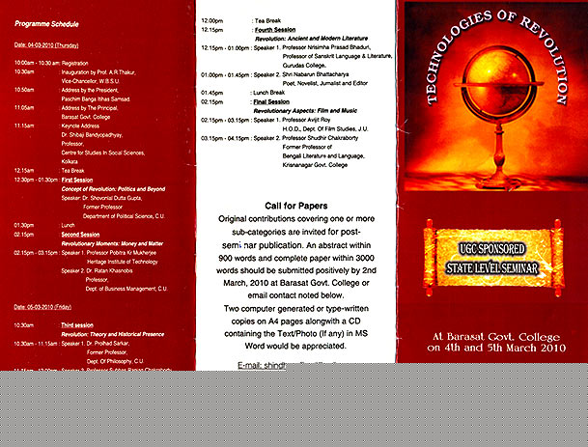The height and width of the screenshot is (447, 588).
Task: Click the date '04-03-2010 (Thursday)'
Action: (45, 45)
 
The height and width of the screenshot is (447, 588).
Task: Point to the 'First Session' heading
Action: (77, 180)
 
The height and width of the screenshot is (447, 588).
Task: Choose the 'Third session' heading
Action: (78, 325)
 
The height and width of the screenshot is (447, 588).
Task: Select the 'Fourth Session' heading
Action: (275, 29)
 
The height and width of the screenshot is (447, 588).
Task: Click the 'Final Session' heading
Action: (269, 101)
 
